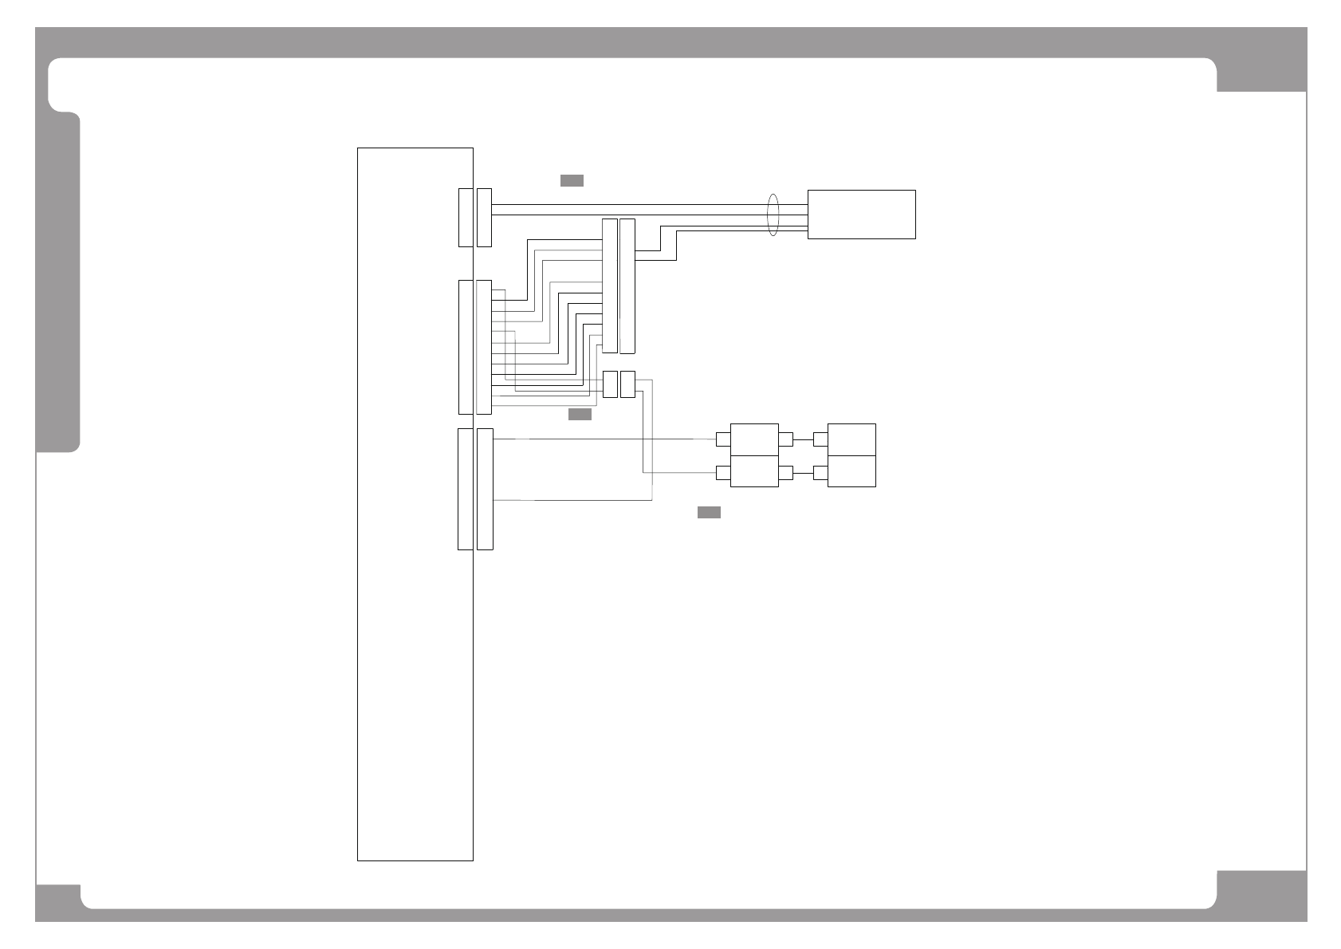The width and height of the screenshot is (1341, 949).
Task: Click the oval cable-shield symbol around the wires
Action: click(x=772, y=215)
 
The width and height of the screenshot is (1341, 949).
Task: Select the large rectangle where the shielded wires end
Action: click(x=861, y=214)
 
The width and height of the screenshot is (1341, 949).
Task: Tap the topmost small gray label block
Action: click(x=572, y=180)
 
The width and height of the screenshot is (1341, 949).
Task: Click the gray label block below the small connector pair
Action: click(x=580, y=415)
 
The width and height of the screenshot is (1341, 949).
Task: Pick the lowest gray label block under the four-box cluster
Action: click(x=709, y=512)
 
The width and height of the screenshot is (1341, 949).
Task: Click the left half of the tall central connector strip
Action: click(x=610, y=285)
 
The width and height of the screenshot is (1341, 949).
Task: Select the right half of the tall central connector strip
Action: click(x=627, y=285)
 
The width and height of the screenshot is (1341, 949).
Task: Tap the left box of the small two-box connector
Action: click(x=610, y=384)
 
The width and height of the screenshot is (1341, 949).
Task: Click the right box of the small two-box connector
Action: click(x=627, y=384)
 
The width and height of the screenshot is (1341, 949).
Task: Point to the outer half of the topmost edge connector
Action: click(x=484, y=218)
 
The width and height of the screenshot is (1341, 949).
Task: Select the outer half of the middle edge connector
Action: click(x=484, y=347)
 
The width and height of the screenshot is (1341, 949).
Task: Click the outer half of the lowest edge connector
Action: click(x=485, y=489)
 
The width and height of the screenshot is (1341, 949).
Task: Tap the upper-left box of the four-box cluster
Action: click(x=754, y=439)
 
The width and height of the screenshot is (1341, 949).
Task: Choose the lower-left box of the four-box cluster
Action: click(x=754, y=471)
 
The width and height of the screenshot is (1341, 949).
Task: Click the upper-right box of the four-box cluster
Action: click(x=851, y=439)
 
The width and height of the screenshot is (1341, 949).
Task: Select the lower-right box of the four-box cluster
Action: click(x=851, y=471)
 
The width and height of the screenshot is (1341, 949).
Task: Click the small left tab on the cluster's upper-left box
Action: click(x=723, y=439)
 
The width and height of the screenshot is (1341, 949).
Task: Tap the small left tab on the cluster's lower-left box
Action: click(x=723, y=473)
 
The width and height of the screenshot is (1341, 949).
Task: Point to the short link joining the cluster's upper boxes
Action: click(x=803, y=439)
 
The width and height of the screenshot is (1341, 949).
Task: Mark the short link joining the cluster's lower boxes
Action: click(x=803, y=473)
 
